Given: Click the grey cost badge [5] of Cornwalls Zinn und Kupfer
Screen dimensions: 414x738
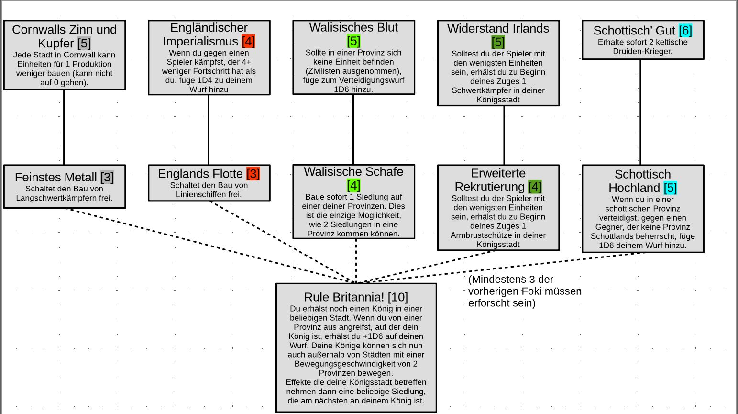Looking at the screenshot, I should tap(84, 43).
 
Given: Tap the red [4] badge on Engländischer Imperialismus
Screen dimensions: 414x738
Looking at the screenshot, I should tap(248, 41).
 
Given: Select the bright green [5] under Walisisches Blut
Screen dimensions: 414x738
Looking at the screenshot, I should tap(353, 41).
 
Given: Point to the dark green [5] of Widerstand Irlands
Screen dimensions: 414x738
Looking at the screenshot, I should tap(498, 42).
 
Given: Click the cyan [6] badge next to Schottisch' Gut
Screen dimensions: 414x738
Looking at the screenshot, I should tap(685, 31).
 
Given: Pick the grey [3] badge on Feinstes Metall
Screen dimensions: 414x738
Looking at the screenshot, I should tap(107, 177).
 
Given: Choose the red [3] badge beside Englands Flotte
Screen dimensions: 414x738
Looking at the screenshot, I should tap(253, 174).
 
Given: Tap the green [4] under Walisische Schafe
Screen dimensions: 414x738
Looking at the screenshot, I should tap(353, 185).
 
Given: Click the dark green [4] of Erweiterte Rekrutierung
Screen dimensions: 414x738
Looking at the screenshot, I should tap(535, 187).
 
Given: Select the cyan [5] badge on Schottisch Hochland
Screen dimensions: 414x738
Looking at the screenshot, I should tap(670, 188).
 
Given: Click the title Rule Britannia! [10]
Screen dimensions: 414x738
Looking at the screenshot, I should tap(356, 297).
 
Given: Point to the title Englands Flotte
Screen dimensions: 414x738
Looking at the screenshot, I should tap(200, 174).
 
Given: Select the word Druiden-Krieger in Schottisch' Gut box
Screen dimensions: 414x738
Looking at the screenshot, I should tap(642, 51).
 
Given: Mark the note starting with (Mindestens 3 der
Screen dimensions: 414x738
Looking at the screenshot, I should tap(525, 291).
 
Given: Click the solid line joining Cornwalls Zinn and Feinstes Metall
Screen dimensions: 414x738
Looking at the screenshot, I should tap(64, 127).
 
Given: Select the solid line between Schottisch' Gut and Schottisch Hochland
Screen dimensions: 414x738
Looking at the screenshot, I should tap(640, 112).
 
